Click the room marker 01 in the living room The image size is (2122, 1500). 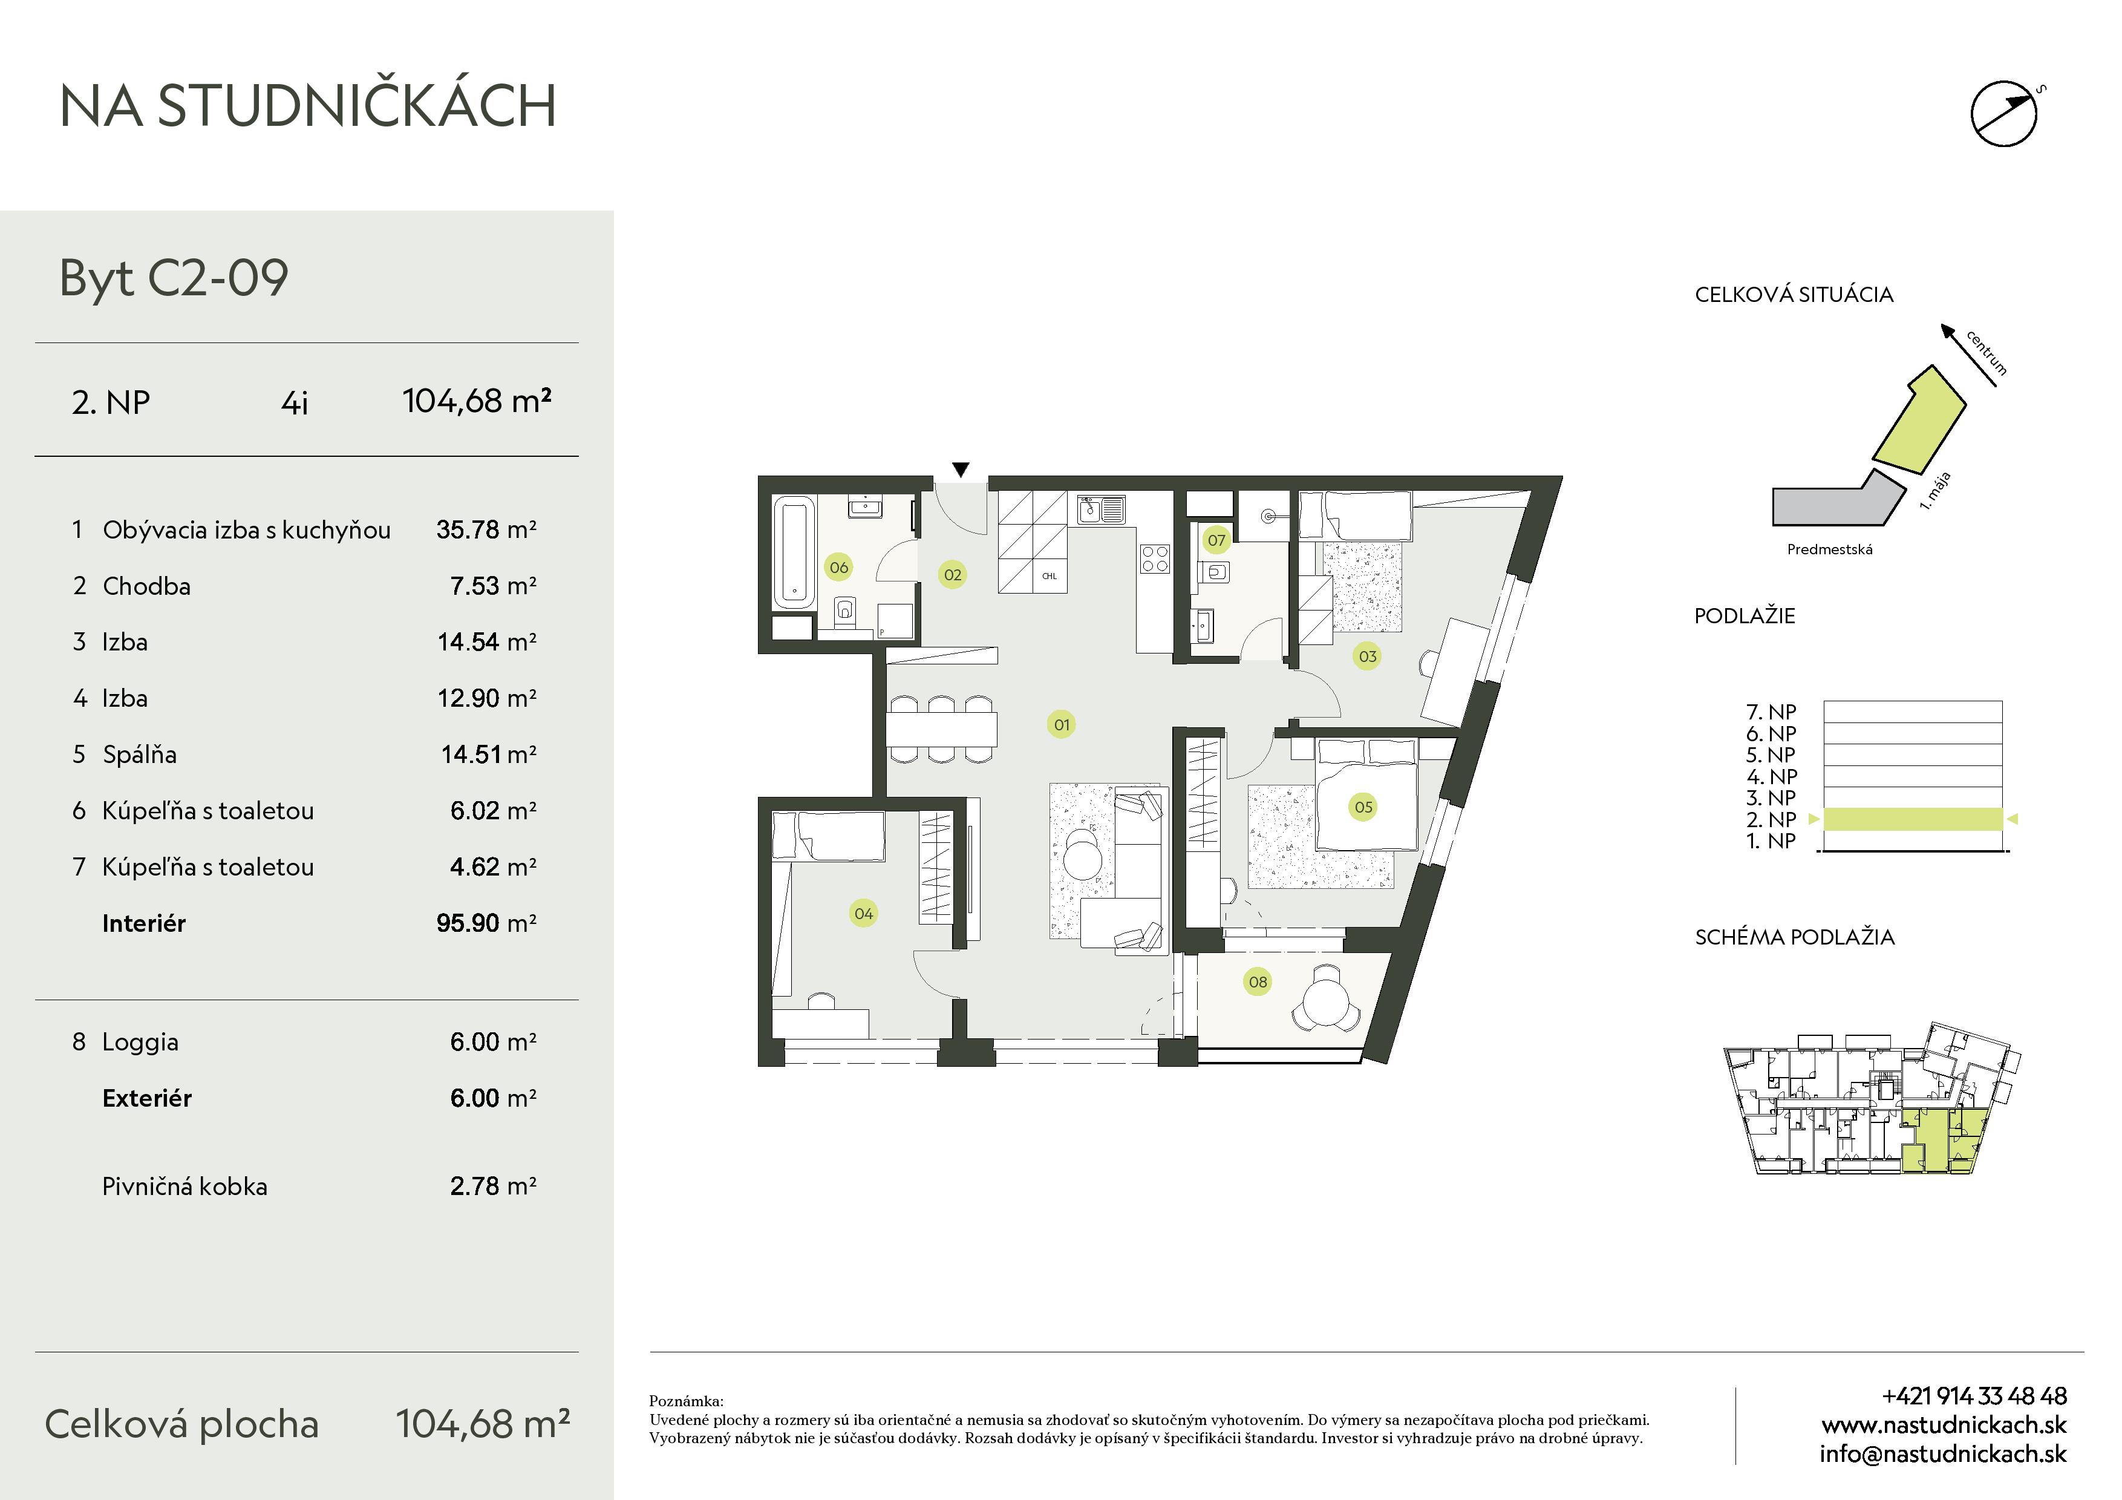[1062, 724]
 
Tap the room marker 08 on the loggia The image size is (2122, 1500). [1258, 981]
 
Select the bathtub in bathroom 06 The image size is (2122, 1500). [793, 552]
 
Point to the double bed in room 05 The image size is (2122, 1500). [1366, 794]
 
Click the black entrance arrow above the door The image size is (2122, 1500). [961, 470]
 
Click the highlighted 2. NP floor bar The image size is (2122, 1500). [1913, 819]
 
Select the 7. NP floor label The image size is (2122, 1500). [1771, 712]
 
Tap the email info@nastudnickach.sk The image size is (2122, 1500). [1943, 1454]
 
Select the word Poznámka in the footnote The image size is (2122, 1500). [686, 1401]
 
